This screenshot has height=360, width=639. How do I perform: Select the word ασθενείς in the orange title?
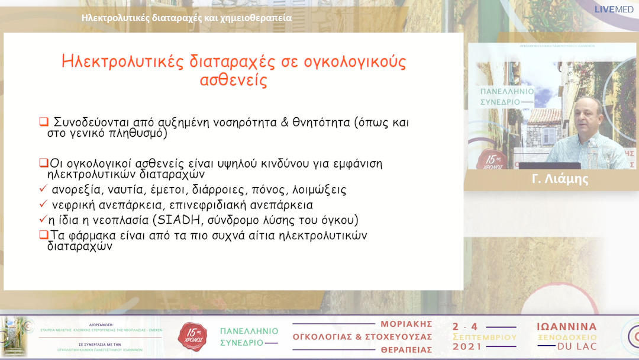(234, 81)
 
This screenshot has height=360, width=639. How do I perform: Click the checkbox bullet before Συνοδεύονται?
(43, 123)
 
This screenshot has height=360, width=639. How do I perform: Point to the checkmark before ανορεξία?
(43, 190)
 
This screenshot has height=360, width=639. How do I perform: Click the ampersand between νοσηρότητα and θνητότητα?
(285, 123)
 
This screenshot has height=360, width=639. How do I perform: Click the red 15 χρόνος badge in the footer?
(193, 336)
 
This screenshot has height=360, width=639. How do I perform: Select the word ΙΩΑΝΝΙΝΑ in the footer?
(566, 327)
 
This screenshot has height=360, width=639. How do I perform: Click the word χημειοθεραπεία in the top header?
(256, 18)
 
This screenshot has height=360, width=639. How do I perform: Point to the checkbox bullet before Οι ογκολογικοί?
(43, 163)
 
